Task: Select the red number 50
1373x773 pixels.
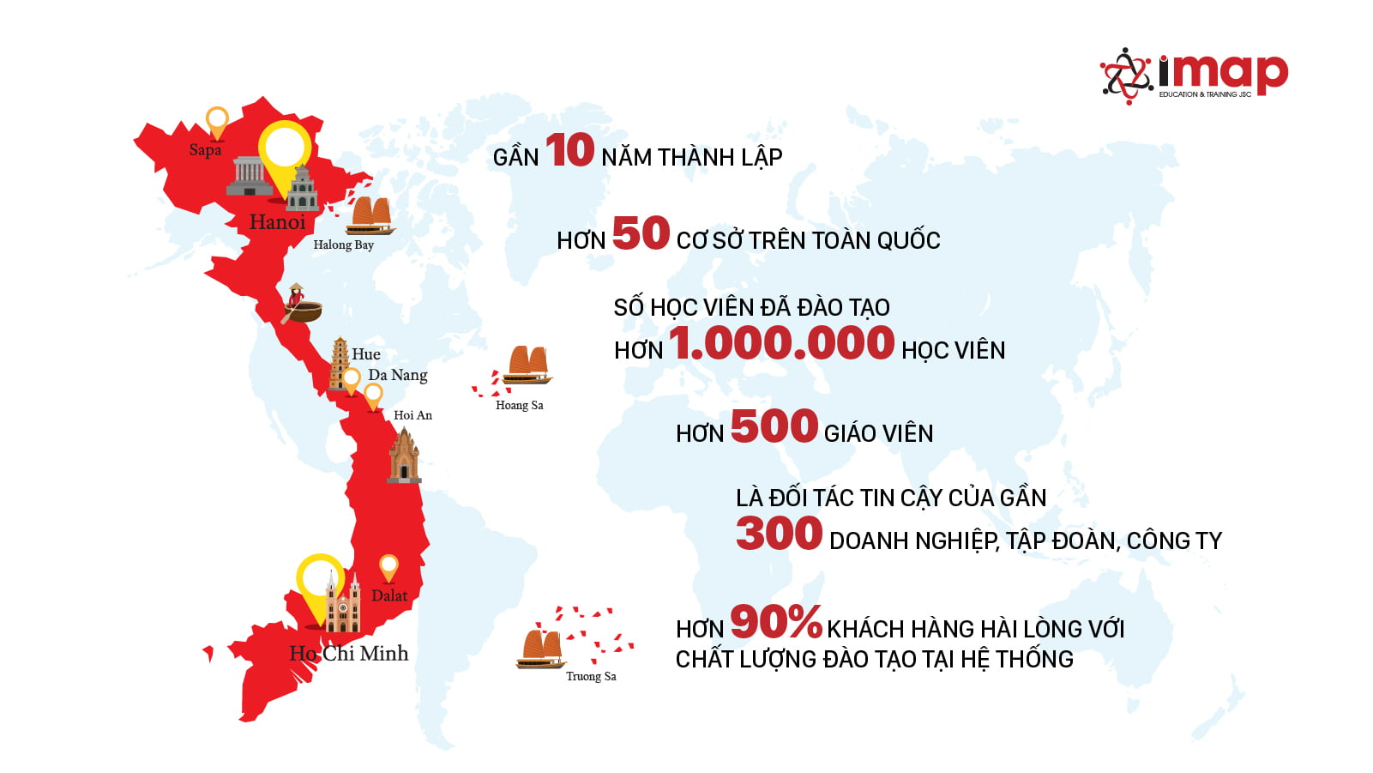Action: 641,233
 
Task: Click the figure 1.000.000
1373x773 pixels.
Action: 781,343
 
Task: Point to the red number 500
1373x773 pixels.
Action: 774,426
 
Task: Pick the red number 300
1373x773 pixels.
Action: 779,534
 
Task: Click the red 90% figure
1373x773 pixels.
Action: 775,622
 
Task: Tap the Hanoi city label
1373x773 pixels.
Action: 277,222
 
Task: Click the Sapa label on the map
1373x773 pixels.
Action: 205,150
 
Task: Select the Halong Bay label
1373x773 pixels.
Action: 343,245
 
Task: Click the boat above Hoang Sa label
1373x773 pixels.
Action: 527,365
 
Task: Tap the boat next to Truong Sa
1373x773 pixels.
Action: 541,649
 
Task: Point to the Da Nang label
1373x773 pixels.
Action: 397,375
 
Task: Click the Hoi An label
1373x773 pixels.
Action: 413,415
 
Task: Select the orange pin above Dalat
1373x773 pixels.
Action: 388,567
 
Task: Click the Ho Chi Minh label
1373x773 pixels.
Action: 348,654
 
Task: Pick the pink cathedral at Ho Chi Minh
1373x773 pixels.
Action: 342,604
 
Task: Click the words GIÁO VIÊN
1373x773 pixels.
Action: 877,433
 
